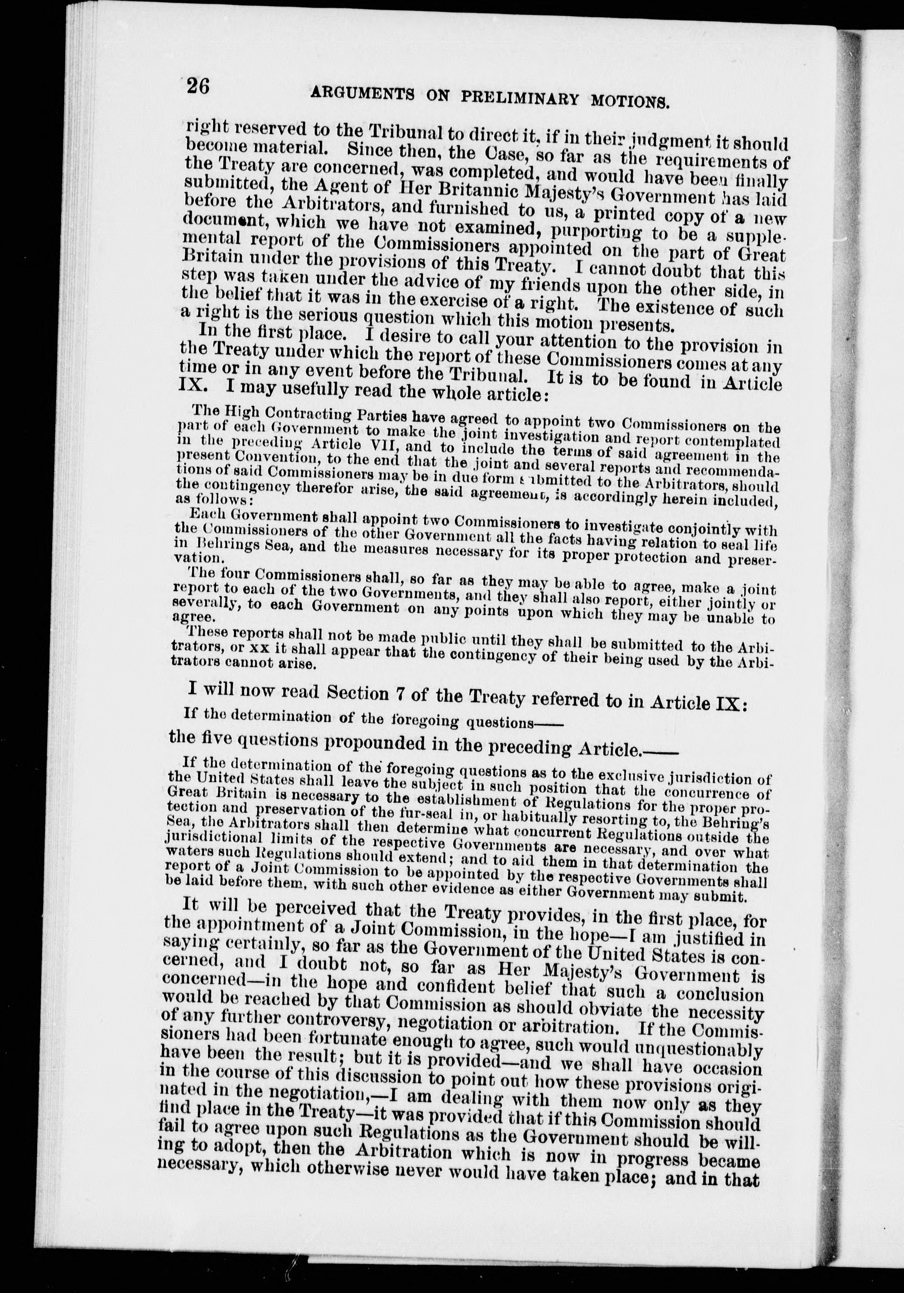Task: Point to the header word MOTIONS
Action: click(x=629, y=101)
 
